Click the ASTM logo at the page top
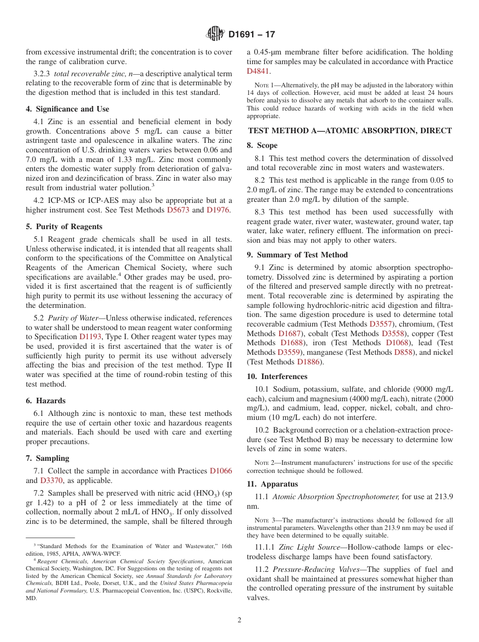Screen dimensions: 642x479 pyautogui.click(x=215, y=34)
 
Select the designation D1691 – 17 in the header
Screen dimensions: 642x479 pyautogui.click(x=252, y=34)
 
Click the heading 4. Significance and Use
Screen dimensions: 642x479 pyautogui.click(x=68, y=109)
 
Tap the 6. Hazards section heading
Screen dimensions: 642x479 pyautogui.click(x=46, y=401)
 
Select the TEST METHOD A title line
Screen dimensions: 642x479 pyautogui.click(x=349, y=130)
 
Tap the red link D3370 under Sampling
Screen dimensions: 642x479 pyautogui.click(x=51, y=480)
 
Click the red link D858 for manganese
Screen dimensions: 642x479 pyautogui.click(x=403, y=352)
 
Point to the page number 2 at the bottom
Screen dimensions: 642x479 pyautogui.click(x=239, y=620)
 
